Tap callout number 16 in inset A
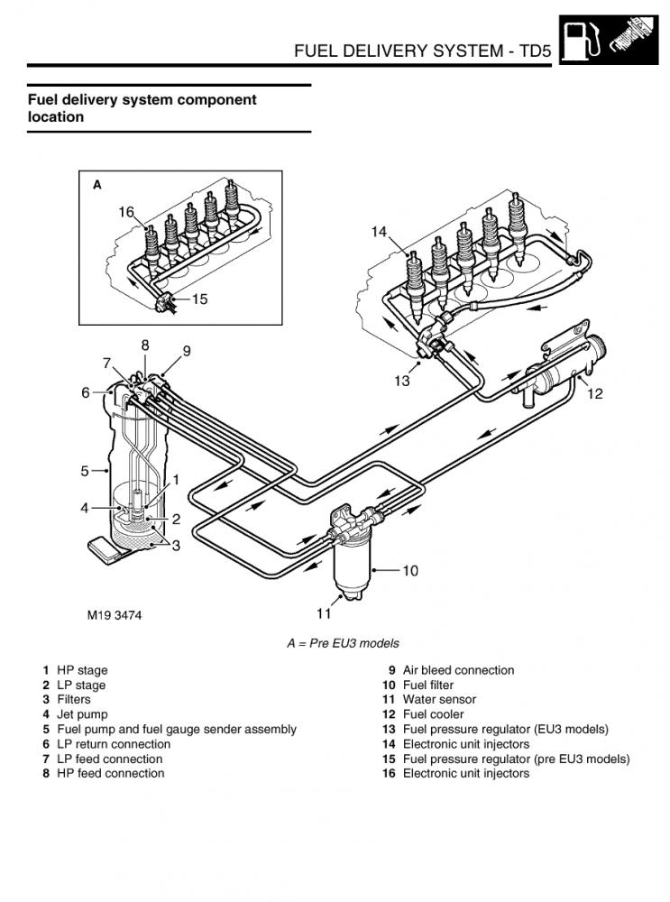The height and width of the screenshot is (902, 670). [126, 212]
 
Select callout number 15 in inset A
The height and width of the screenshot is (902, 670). [199, 299]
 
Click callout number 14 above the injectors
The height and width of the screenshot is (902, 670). [379, 232]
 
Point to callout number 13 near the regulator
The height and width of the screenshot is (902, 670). [402, 381]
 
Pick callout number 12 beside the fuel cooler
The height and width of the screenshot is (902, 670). [594, 393]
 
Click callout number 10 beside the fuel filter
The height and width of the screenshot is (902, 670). [410, 571]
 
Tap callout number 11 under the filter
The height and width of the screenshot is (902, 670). [324, 613]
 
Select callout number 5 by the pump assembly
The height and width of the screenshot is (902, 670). [85, 471]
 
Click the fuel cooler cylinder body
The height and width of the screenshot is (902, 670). [566, 369]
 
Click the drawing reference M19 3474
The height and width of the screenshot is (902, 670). [115, 615]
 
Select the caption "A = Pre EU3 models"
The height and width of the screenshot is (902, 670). [343, 643]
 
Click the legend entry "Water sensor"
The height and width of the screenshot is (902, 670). [439, 700]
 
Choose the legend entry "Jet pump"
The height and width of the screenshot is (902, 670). [82, 714]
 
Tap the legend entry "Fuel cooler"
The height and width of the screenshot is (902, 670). [433, 714]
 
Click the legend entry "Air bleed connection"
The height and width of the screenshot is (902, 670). [458, 670]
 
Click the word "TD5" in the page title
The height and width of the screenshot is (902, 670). [535, 51]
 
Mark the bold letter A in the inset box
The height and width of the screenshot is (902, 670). [97, 185]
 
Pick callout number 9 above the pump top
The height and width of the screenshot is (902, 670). [187, 351]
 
